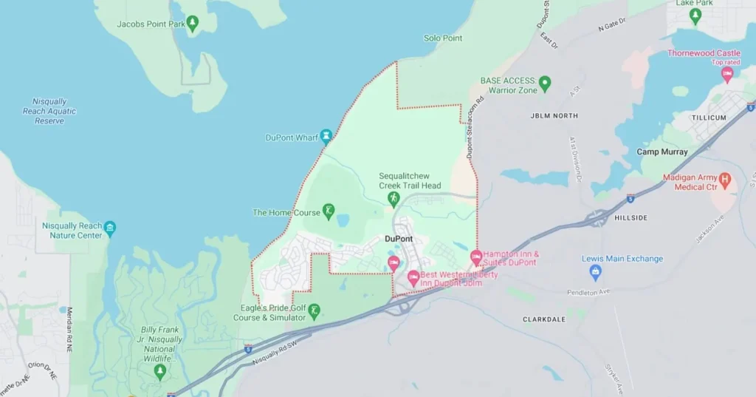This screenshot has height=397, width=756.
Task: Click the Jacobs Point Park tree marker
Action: [x=193, y=23]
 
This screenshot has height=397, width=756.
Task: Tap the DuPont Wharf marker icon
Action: [x=326, y=137]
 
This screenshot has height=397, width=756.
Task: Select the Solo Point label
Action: [x=442, y=38]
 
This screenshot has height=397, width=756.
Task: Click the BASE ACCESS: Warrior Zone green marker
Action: [x=545, y=83]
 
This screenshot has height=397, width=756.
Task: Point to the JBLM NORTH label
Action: [x=554, y=116]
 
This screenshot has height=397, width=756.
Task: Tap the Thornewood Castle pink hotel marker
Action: [x=727, y=74]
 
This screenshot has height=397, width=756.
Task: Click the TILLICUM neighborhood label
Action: [x=709, y=118]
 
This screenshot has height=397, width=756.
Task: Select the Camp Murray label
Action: [x=662, y=152]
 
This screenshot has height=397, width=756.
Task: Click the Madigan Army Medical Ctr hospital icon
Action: [x=724, y=179]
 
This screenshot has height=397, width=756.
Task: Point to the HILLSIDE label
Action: [x=630, y=218]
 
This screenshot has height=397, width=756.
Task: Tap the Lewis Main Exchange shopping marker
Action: [x=595, y=272]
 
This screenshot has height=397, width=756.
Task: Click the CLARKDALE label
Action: [x=543, y=320]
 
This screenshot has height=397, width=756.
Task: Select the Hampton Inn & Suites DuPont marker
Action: [x=476, y=257]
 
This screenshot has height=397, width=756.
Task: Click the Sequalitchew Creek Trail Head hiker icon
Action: [x=394, y=199]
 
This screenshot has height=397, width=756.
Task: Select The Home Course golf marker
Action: [x=329, y=211]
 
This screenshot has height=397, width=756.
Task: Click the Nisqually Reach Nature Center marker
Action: [x=110, y=227]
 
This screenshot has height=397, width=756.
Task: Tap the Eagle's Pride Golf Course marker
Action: [x=314, y=311]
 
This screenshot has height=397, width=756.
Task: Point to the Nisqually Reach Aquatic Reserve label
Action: [x=49, y=111]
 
